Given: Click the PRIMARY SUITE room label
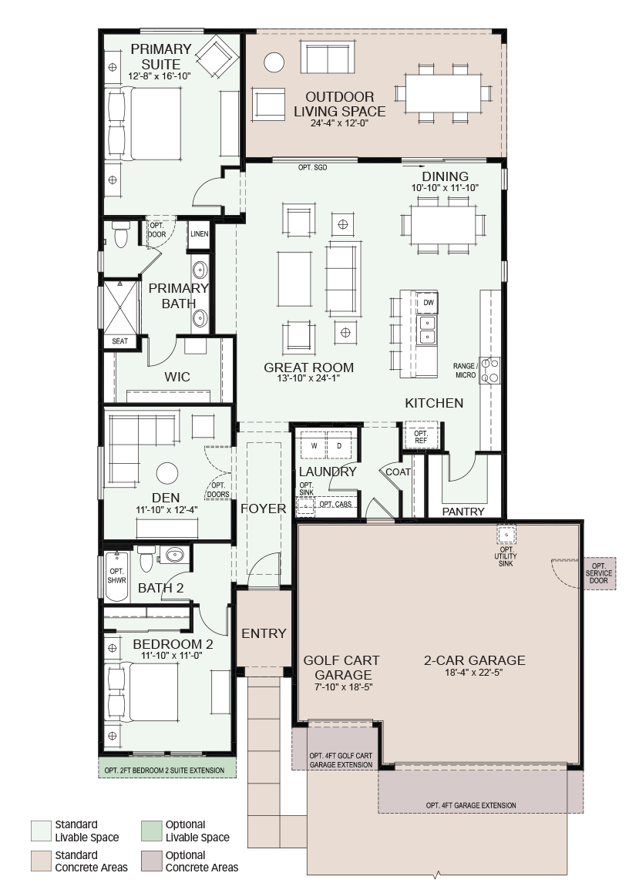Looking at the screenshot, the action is (160, 56).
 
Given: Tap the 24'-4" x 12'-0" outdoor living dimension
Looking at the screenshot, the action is (339, 123).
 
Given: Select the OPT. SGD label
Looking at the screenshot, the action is (313, 167).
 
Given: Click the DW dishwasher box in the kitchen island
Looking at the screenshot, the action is (429, 302).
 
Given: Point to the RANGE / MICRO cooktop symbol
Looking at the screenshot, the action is (489, 370).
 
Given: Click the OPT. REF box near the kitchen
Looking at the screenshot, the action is (420, 437).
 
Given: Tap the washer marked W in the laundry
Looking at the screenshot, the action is (314, 446).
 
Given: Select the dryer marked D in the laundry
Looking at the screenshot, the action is (339, 446).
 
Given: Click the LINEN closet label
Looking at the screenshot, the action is (200, 234).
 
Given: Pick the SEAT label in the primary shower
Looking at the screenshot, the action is (119, 341).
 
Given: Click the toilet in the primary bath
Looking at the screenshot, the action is (121, 235).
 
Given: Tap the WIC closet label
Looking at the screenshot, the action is (177, 377).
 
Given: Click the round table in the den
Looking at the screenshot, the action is (167, 473).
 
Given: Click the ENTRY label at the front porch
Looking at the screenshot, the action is (264, 633).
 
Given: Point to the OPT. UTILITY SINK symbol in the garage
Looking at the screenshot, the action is (506, 535).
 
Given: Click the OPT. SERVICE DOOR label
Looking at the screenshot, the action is (599, 573).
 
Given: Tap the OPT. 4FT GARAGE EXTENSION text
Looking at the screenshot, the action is (471, 805).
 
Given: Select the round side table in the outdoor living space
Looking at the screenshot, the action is (274, 62).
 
